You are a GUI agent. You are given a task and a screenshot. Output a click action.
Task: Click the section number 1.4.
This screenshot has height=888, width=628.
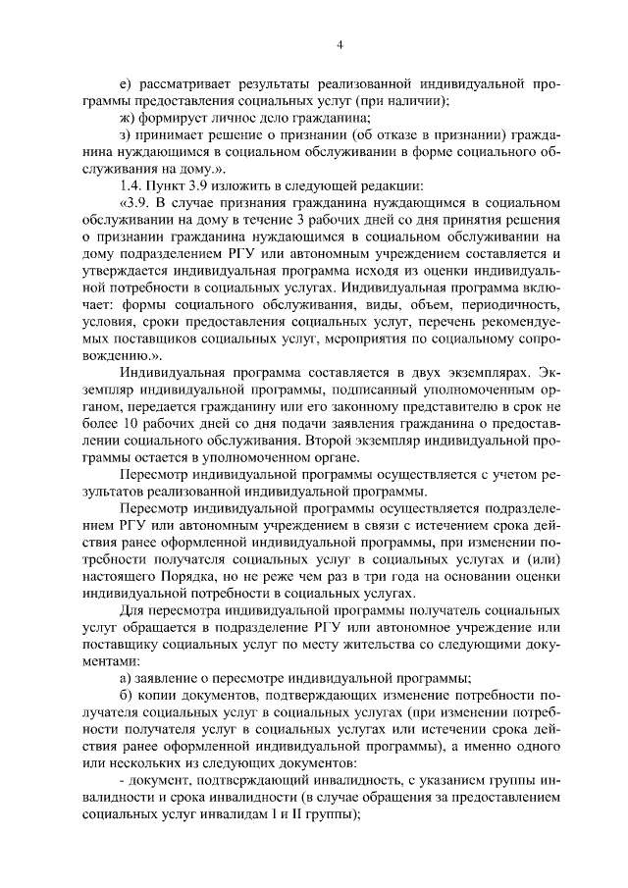pyautogui.click(x=130, y=186)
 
